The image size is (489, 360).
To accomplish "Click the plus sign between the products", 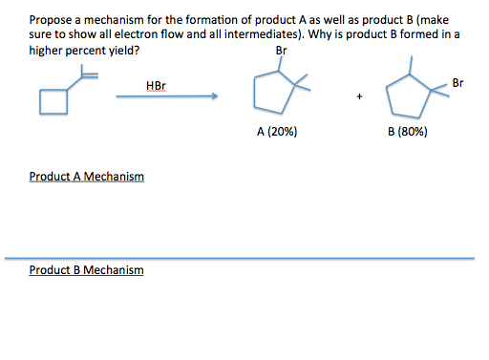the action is point(358,96).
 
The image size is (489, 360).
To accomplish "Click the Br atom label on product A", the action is point(280,51).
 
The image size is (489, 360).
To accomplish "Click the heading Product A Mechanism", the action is point(87,177).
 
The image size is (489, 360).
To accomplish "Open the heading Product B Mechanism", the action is point(87,270).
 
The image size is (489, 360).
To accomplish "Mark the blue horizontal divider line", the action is point(239,258).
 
